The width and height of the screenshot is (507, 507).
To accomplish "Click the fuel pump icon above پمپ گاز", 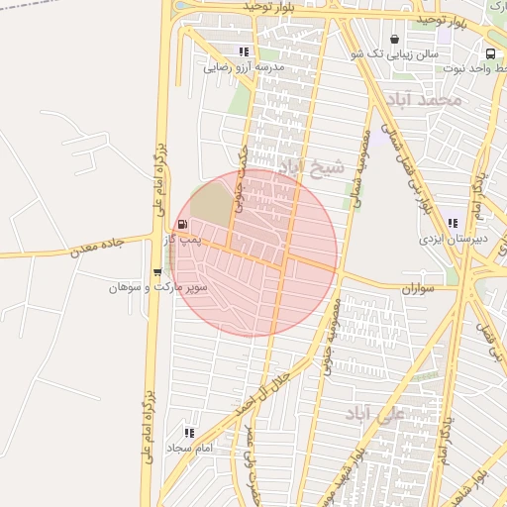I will click(x=182, y=225).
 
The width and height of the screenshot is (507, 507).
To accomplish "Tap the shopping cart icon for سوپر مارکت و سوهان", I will click(x=157, y=272).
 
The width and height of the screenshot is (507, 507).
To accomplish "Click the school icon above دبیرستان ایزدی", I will click(x=453, y=224).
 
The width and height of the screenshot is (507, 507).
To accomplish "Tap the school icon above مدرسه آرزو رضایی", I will click(x=244, y=52).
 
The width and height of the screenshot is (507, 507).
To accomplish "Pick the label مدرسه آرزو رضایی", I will click(x=244, y=67).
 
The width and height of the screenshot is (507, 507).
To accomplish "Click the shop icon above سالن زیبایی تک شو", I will click(x=396, y=41).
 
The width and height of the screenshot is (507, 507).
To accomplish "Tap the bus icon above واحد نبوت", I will click(x=490, y=53).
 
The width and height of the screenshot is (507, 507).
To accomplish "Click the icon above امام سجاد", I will click(x=189, y=433).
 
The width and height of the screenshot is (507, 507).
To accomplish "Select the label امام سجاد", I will click(x=189, y=449).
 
